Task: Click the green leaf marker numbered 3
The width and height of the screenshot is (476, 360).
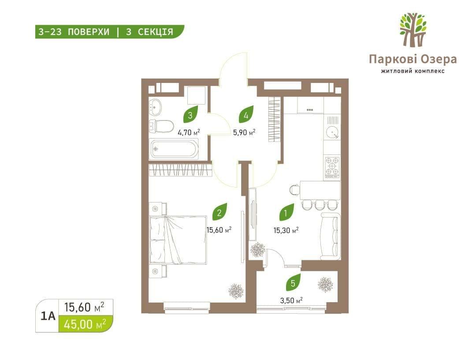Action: coord(191,114)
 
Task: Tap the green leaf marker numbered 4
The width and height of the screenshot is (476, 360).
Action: coord(246,114)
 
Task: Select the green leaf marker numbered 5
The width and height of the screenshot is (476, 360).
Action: coord(293,282)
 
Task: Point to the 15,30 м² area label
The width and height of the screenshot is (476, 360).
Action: coord(286,230)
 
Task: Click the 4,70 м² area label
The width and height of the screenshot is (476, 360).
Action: coord(189,132)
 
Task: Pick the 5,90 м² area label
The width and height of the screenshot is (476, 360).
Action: coord(244,132)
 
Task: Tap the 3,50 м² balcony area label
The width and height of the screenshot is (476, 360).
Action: coord(291,300)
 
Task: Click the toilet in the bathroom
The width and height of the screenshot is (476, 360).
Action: coord(161,126)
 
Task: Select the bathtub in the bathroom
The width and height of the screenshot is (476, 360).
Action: coord(174,149)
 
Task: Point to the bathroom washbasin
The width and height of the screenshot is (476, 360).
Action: coord(156,107)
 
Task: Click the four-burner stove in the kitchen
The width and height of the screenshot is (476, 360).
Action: coord(332,167)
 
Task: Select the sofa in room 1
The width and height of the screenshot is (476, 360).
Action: coord(331,236)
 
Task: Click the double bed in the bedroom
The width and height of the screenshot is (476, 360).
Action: coord(178,240)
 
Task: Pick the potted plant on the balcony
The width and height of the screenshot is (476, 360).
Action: coord(325,285)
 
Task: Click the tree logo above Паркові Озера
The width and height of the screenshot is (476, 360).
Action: coord(413,30)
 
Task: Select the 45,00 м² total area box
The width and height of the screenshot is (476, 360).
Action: coord(86,324)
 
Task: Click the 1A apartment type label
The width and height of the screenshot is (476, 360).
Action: coord(48,316)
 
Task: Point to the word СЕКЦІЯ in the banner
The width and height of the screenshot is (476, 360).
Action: coord(156,32)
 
